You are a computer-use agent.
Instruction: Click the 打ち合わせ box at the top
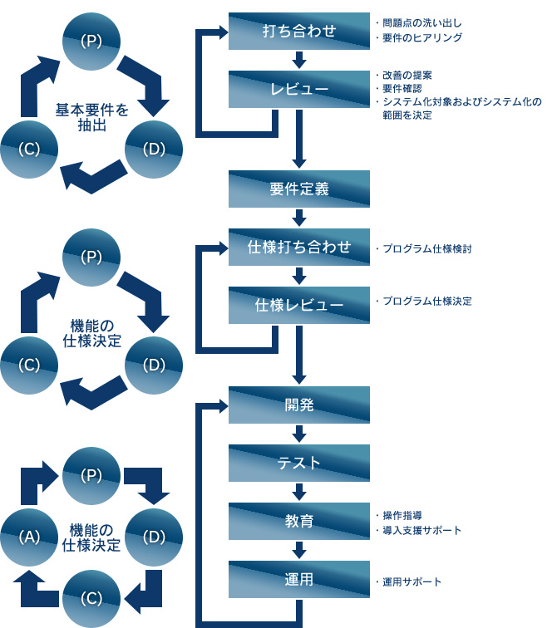click(x=299, y=32)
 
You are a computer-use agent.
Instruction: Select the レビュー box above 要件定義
click(x=299, y=88)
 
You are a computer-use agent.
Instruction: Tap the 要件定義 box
click(x=299, y=189)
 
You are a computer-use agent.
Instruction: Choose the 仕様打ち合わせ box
click(x=299, y=247)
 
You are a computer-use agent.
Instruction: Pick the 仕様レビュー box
click(x=299, y=305)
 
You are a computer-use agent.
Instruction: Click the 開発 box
click(x=299, y=405)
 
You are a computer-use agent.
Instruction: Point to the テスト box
click(x=299, y=463)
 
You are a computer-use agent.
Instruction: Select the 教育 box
click(x=299, y=521)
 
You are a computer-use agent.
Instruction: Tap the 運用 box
click(x=299, y=579)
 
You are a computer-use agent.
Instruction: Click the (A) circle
click(x=31, y=537)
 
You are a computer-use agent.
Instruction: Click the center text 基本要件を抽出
click(x=91, y=117)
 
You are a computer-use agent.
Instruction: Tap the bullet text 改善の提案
click(x=407, y=76)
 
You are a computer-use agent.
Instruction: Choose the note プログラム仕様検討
click(x=426, y=248)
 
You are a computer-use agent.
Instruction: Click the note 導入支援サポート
click(x=421, y=529)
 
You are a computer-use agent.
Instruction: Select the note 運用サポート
click(x=412, y=581)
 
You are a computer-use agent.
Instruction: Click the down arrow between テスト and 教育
click(x=299, y=492)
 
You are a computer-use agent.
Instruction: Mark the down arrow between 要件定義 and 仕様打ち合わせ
click(x=299, y=218)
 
